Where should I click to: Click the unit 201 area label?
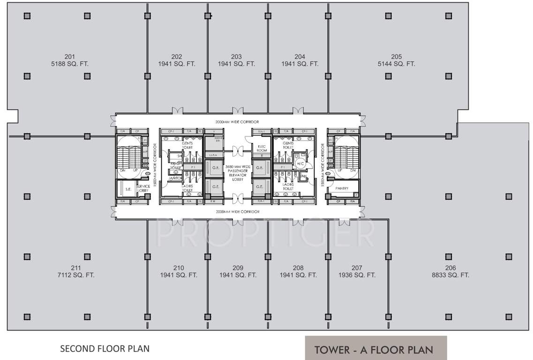(x=71, y=64)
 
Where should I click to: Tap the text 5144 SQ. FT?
(x=396, y=64)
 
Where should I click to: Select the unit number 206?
(x=450, y=268)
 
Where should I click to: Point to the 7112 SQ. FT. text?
(x=75, y=275)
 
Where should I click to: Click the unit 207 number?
(x=357, y=268)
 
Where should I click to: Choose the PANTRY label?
(x=342, y=188)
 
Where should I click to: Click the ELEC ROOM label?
(x=262, y=148)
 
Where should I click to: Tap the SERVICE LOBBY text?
(x=143, y=188)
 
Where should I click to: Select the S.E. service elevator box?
(x=128, y=189)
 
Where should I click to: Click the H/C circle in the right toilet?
(x=300, y=164)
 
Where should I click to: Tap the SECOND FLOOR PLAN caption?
(x=105, y=348)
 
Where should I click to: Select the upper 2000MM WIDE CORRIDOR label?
(x=238, y=122)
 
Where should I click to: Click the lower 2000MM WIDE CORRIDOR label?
(x=238, y=212)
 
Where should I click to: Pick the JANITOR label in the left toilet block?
(x=175, y=178)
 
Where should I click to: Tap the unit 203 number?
(x=236, y=57)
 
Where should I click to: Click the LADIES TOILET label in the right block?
(x=288, y=187)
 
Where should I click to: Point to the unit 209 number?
(x=238, y=268)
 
